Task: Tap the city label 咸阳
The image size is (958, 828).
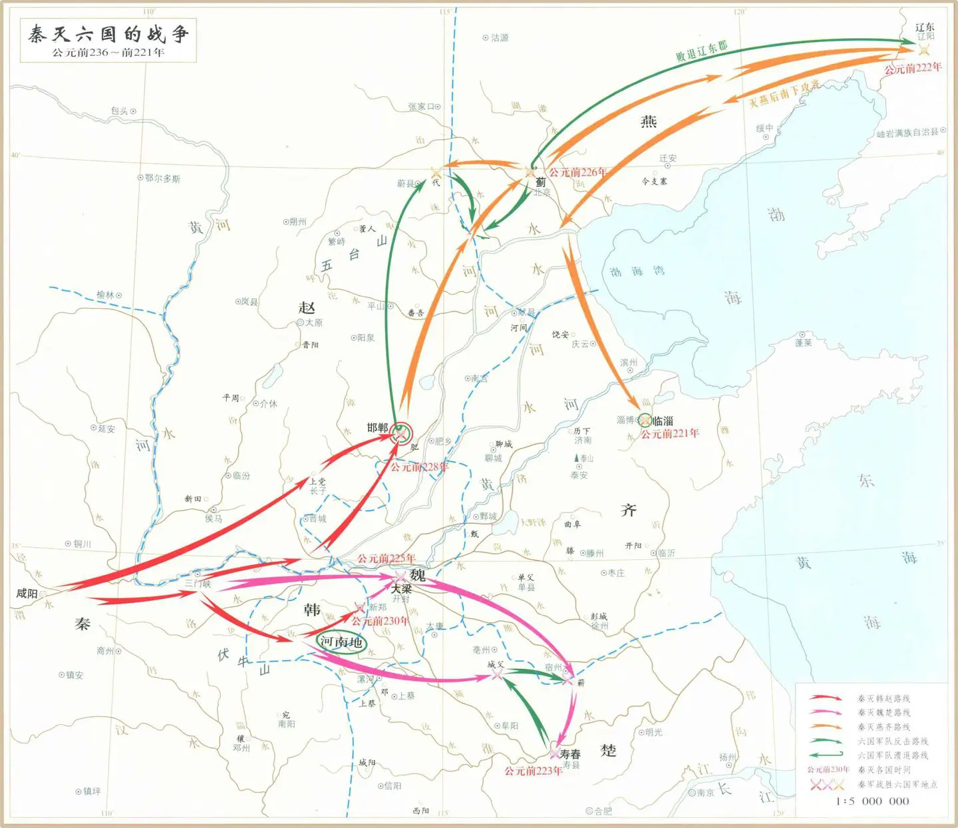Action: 27,593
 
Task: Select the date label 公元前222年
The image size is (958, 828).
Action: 913,68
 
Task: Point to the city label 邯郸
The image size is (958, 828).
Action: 377,428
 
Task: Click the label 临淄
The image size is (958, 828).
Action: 663,421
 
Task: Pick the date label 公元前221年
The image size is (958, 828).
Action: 670,434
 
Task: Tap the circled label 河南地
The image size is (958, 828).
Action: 341,642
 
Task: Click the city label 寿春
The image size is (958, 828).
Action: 570,754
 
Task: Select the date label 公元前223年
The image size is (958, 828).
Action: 533,771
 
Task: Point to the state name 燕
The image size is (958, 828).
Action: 649,121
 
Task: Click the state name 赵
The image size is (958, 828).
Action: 307,308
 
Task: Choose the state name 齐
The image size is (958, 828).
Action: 628,510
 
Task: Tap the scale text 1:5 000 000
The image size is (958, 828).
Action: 872,801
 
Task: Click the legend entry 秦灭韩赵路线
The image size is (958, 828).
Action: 883,699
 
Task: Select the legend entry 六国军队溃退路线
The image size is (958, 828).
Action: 892,755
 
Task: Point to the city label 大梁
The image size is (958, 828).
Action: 401,589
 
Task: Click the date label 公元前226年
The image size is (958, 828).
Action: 577,172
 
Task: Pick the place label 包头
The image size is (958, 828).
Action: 120,111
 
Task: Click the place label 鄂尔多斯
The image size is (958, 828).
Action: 162,178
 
